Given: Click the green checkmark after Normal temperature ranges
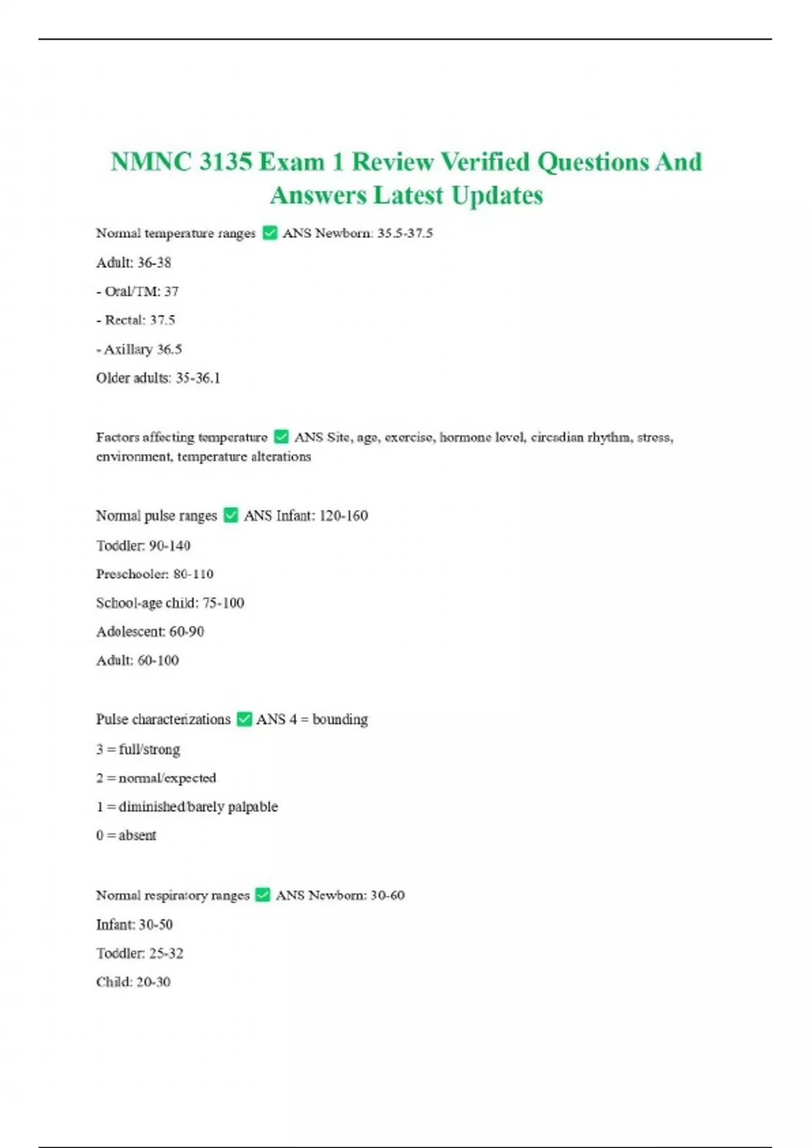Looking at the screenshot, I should point(270,233).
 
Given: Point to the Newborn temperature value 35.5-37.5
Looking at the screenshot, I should point(405,233).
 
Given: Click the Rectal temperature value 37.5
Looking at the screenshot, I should point(162,320).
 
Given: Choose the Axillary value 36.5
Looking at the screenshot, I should point(169,349).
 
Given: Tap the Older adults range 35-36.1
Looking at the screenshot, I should point(198,378).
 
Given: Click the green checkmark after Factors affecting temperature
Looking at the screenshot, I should point(281,438).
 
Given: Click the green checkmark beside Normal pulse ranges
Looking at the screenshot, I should point(230,515).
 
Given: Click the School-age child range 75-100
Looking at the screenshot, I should point(223,603).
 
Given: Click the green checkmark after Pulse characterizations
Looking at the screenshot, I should point(244,719).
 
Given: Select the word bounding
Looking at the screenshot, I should point(340,719).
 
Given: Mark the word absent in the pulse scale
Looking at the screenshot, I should point(137,835).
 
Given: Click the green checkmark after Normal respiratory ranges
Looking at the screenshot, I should point(263,895).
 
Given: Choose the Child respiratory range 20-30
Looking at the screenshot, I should point(153,982).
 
